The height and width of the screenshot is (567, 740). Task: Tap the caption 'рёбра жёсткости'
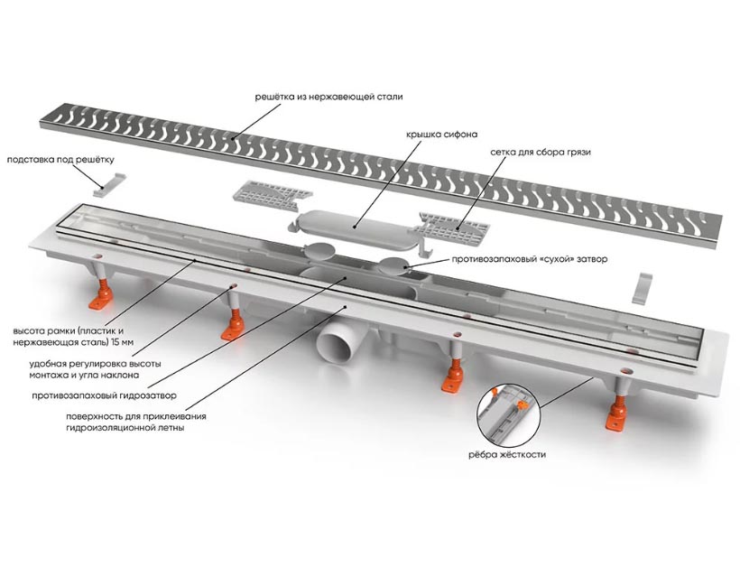506,455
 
